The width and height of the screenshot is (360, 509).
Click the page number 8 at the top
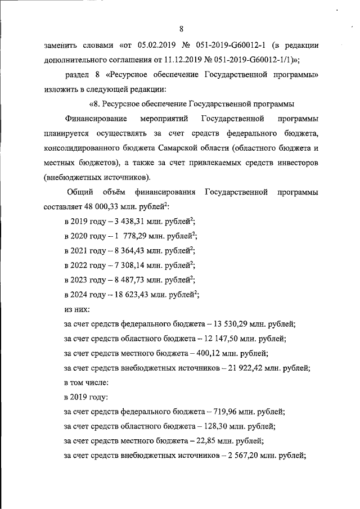pyautogui.click(x=180, y=29)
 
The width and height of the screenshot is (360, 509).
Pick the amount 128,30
pyautogui.click(x=217, y=426)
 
